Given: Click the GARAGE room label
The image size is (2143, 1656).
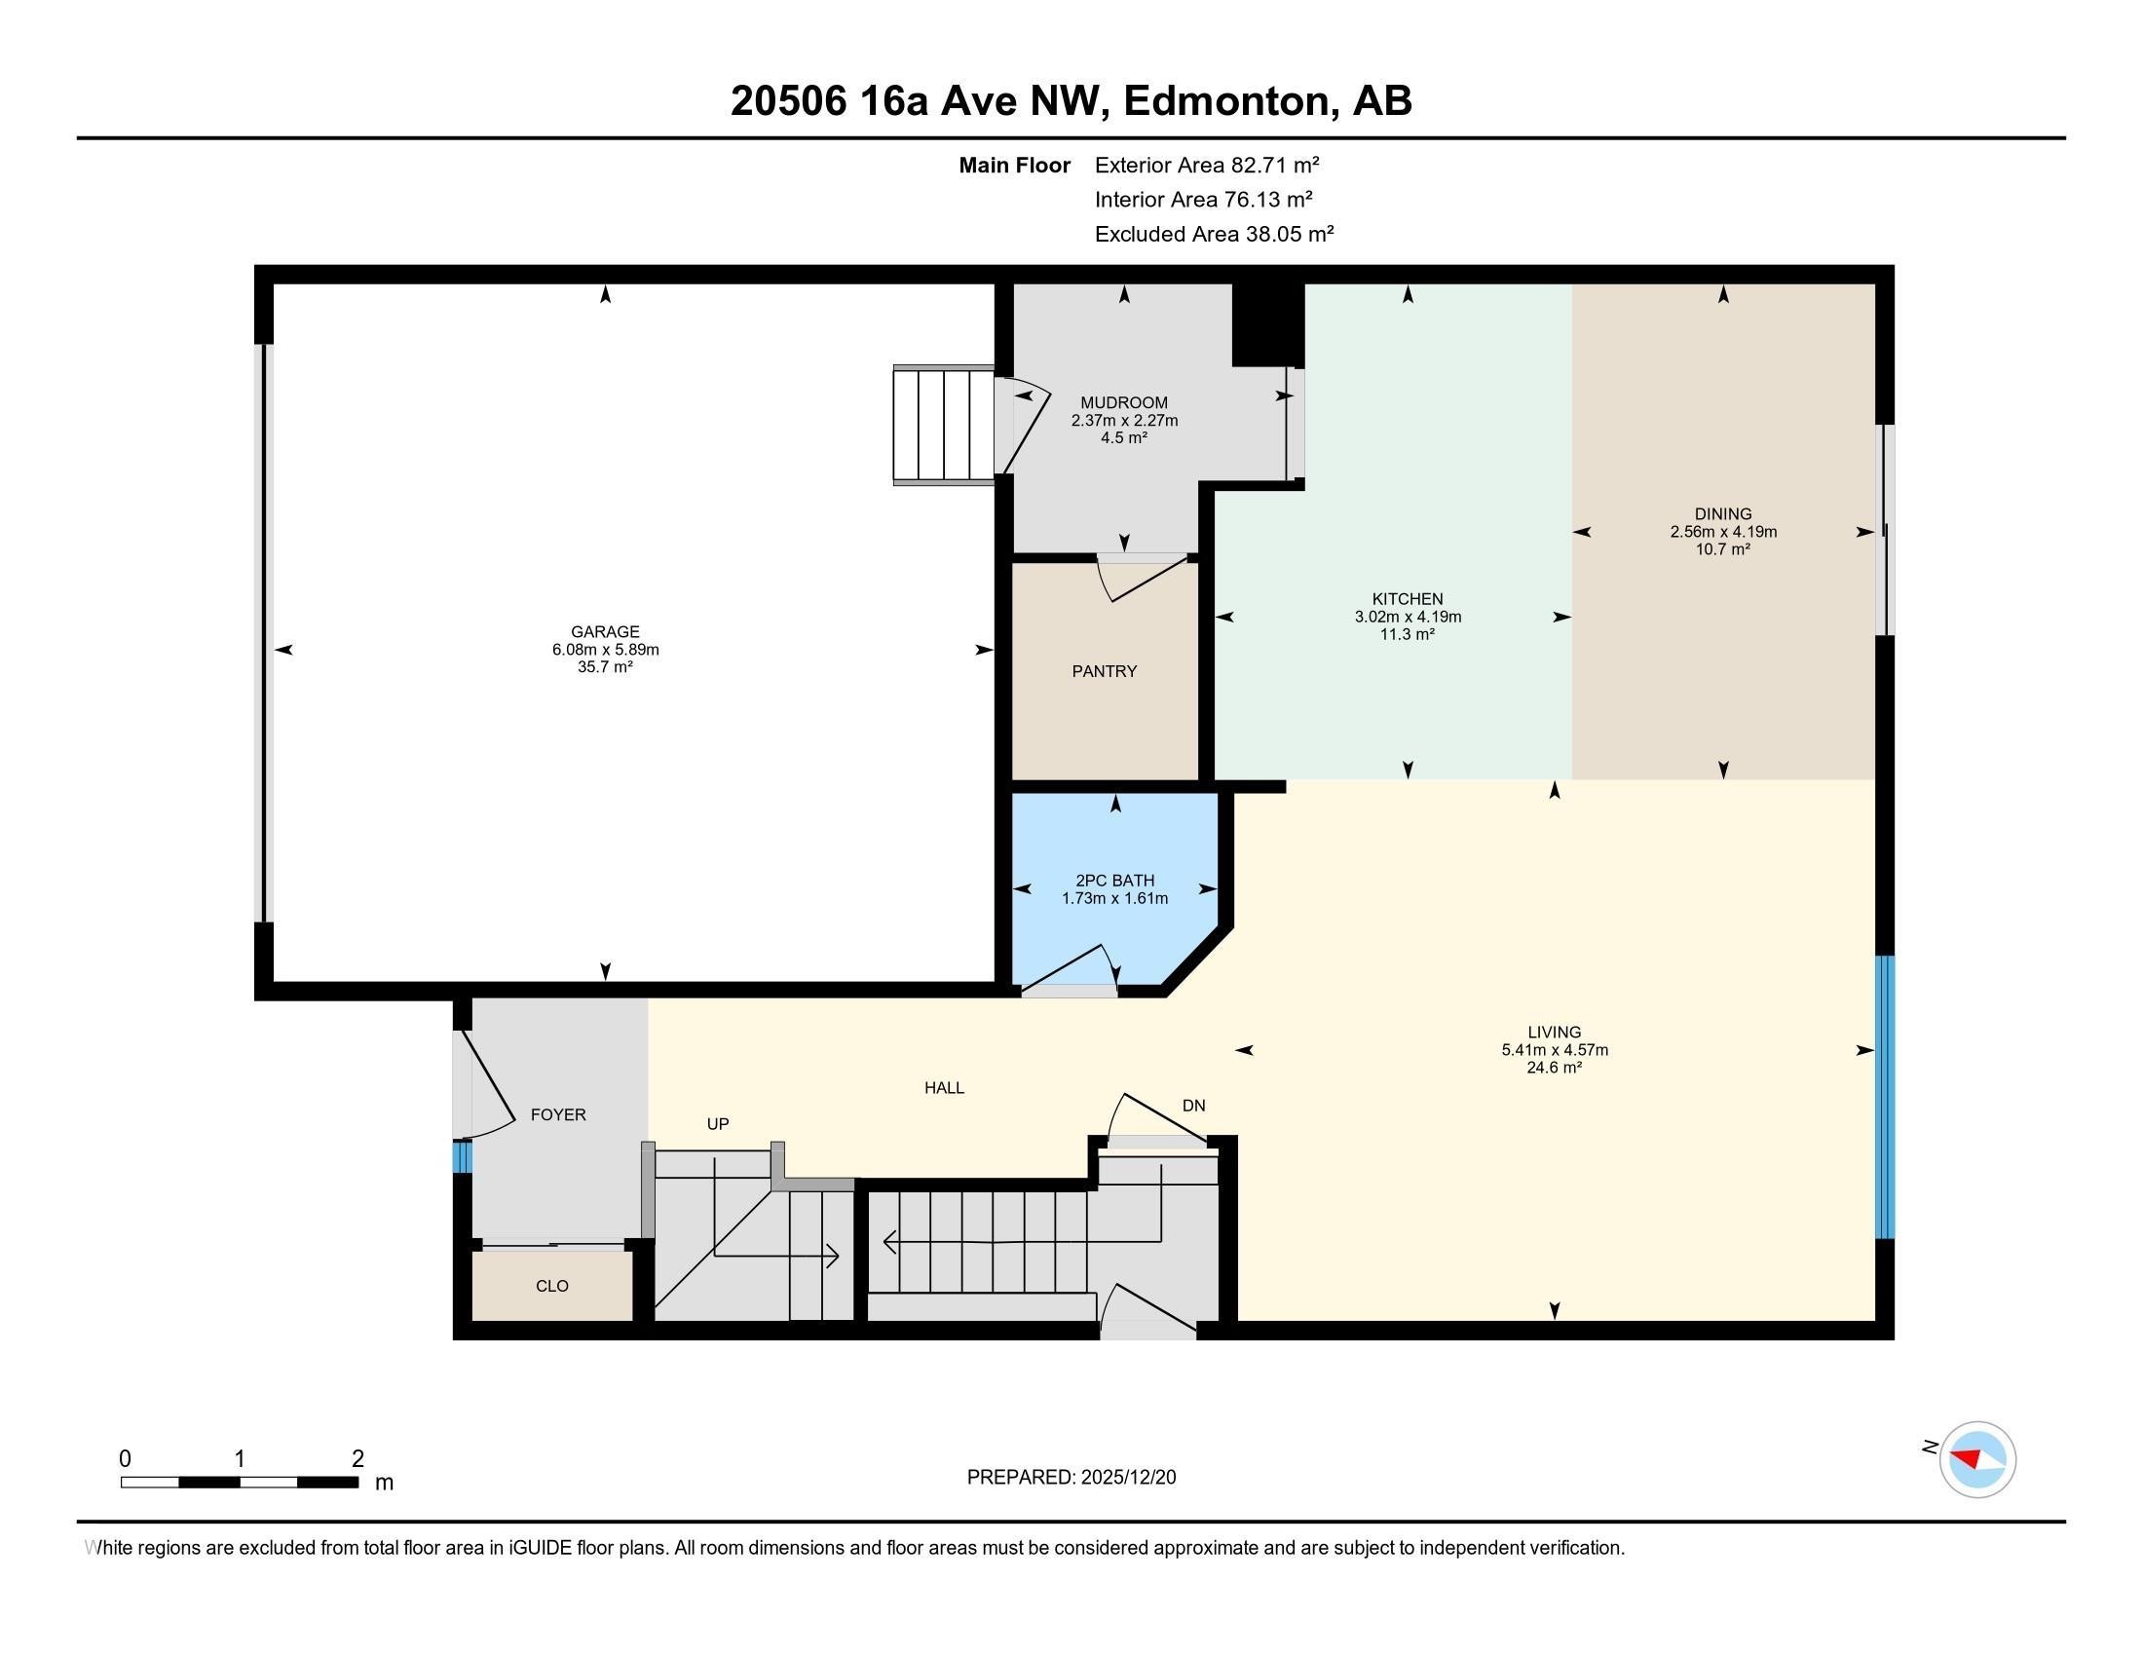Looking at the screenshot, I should click(605, 632).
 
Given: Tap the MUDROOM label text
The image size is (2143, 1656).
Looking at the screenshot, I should click(1123, 402).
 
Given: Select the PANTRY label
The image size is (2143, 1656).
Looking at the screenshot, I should click(1104, 671).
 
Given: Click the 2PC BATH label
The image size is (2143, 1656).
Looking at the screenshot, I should click(1113, 880).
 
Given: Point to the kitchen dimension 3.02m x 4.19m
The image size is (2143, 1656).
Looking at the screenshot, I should click(1408, 617).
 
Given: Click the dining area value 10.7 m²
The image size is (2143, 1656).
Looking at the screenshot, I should click(1722, 549).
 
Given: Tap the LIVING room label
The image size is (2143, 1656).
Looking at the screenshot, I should click(1554, 1032).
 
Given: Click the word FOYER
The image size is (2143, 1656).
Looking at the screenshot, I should click(557, 1114).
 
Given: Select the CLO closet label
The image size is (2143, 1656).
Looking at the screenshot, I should click(551, 1286).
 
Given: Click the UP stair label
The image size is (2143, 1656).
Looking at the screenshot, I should click(717, 1124).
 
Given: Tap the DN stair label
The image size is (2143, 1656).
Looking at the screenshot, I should click(1192, 1106).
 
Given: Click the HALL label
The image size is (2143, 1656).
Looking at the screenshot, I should click(944, 1088).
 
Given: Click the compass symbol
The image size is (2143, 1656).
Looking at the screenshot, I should click(1976, 1460).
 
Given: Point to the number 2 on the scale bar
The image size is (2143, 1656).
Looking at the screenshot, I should click(357, 1459).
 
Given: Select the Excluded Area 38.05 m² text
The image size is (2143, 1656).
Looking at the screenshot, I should click(1213, 235).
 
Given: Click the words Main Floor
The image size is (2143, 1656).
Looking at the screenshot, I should click(1014, 166).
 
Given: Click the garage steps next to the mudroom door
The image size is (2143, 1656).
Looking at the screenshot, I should click(943, 424).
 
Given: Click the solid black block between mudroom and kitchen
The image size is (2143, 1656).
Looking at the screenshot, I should click(1267, 324).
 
